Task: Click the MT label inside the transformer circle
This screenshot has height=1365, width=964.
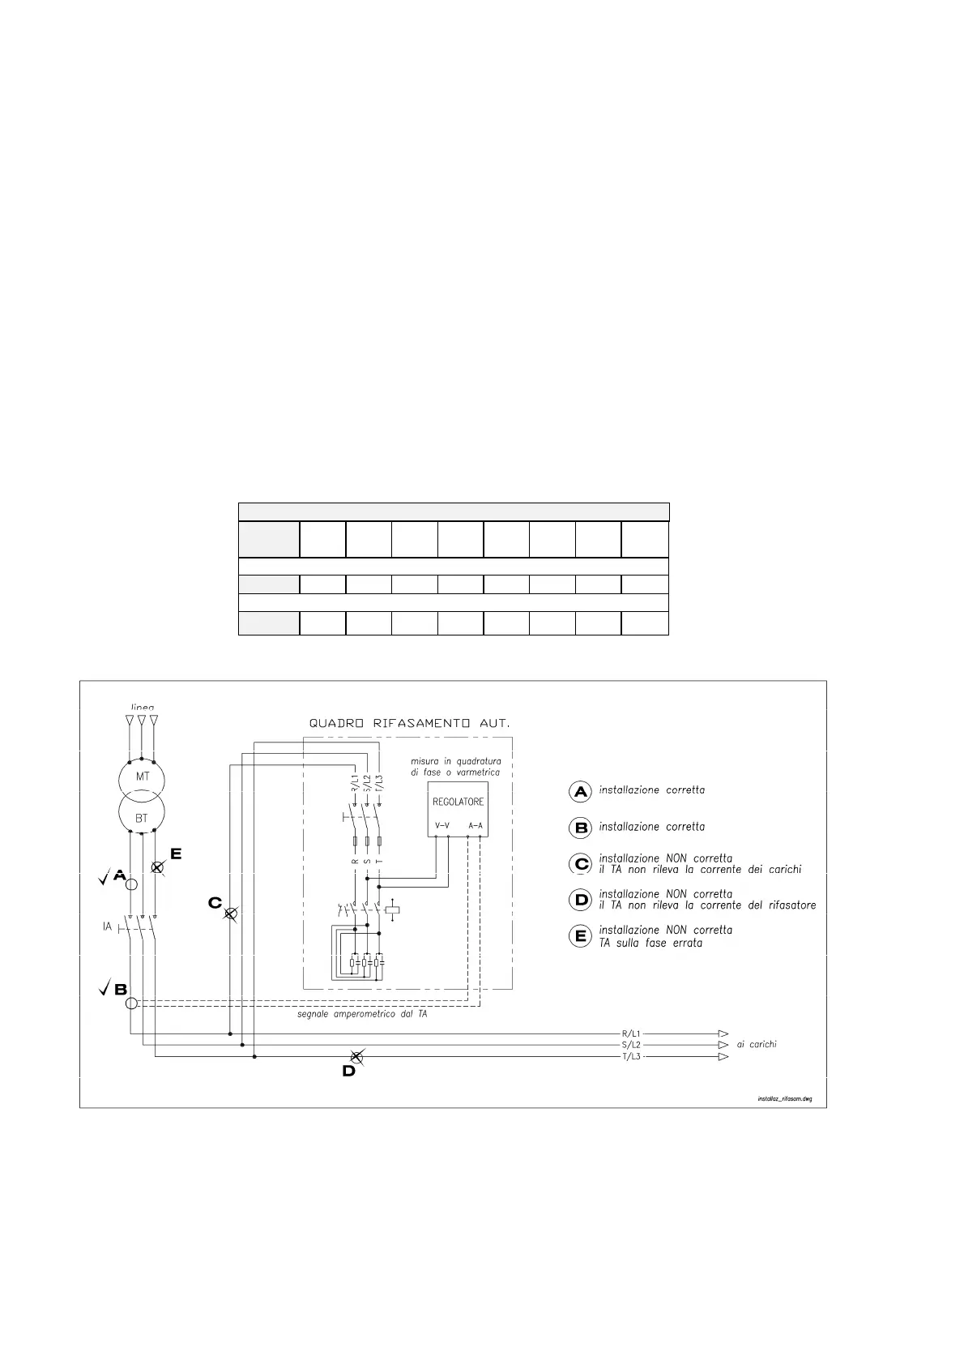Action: [142, 777]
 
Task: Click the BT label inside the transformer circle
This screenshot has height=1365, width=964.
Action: [142, 818]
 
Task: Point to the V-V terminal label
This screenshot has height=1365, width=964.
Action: [442, 826]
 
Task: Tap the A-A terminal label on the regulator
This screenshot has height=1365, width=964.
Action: [476, 826]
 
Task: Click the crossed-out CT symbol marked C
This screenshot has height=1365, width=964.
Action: [230, 914]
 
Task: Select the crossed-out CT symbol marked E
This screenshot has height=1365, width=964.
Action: [158, 867]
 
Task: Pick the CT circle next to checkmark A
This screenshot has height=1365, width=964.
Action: [130, 884]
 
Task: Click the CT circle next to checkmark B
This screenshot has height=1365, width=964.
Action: [132, 1003]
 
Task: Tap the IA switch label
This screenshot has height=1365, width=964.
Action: [107, 926]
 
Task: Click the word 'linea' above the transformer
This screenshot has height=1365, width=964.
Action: [142, 708]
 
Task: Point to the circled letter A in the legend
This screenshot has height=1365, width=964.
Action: [581, 791]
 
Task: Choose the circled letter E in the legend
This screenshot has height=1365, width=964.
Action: [581, 937]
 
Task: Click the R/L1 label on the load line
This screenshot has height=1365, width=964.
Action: [631, 1034]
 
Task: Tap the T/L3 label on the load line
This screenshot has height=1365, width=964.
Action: [631, 1057]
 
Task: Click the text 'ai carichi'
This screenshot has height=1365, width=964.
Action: [757, 1045]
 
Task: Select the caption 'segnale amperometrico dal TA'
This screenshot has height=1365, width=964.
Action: [362, 1014]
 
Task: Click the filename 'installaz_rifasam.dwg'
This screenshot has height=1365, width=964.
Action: [784, 1099]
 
